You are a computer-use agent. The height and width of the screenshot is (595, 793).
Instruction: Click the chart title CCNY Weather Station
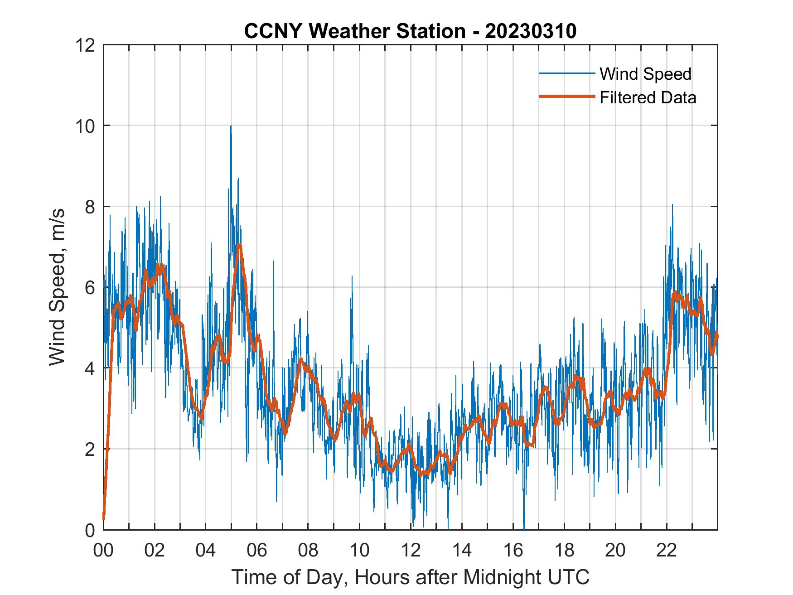pyautogui.click(x=355, y=31)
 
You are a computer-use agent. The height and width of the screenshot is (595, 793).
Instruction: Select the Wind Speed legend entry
pyautogui.click(x=645, y=74)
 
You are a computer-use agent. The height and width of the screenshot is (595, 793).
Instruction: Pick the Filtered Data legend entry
pyautogui.click(x=648, y=97)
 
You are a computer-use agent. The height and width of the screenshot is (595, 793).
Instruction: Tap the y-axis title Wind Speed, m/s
pyautogui.click(x=57, y=287)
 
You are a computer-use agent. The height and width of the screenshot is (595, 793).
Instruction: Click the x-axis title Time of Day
pyautogui.click(x=410, y=577)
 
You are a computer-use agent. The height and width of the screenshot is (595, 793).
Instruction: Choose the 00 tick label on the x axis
pyautogui.click(x=103, y=551)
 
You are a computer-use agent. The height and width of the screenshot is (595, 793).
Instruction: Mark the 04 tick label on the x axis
pyautogui.click(x=206, y=551)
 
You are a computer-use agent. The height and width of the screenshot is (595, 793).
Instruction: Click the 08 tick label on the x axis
pyautogui.click(x=308, y=551)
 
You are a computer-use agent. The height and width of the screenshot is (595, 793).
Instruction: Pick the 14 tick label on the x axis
pyautogui.click(x=462, y=551)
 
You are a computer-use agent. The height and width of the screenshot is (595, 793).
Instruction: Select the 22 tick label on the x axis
pyautogui.click(x=667, y=551)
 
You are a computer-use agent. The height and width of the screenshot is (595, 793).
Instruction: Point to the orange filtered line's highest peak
pyautogui.click(x=239, y=245)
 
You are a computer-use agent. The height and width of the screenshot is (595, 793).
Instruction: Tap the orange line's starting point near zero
pyautogui.click(x=104, y=518)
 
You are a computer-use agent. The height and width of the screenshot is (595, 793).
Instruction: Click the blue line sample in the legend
pyautogui.click(x=566, y=73)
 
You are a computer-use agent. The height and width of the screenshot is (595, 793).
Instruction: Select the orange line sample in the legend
pyautogui.click(x=566, y=97)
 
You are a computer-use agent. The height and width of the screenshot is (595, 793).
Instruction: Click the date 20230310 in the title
pyautogui.click(x=530, y=31)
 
